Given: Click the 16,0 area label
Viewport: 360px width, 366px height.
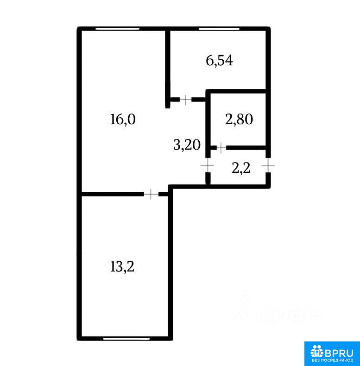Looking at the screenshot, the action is point(123,119).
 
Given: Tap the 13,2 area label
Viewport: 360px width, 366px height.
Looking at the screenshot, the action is point(122,266).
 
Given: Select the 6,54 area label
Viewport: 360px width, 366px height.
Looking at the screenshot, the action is point(219,61).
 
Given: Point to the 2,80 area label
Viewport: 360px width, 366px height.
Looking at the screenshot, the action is point(239,119).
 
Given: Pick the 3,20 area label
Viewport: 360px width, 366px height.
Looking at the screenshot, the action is point(187,145).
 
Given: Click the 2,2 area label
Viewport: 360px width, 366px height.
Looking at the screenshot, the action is point(241,168).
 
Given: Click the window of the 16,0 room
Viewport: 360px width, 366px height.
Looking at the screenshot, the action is point(117,29).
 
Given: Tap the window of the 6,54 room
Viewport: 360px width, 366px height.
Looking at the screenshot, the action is point(219,29).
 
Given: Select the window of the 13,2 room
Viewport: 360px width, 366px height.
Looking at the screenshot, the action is point(126,339).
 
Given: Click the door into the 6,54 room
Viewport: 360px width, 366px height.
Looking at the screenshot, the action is point(185,100).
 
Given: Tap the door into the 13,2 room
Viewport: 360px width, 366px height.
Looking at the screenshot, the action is point(151,194).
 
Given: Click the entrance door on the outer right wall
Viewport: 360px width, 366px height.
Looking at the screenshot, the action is point(268,165).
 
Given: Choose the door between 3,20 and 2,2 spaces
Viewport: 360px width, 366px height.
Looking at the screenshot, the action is point(208,165).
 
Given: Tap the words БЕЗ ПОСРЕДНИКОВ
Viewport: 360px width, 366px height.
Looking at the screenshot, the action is point(333,360).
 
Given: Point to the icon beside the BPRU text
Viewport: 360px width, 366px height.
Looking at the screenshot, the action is point(317,353).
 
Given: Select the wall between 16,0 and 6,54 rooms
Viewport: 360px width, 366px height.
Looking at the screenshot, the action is point(168,69).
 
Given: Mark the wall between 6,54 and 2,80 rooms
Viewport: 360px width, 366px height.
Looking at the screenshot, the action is point(236,91).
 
